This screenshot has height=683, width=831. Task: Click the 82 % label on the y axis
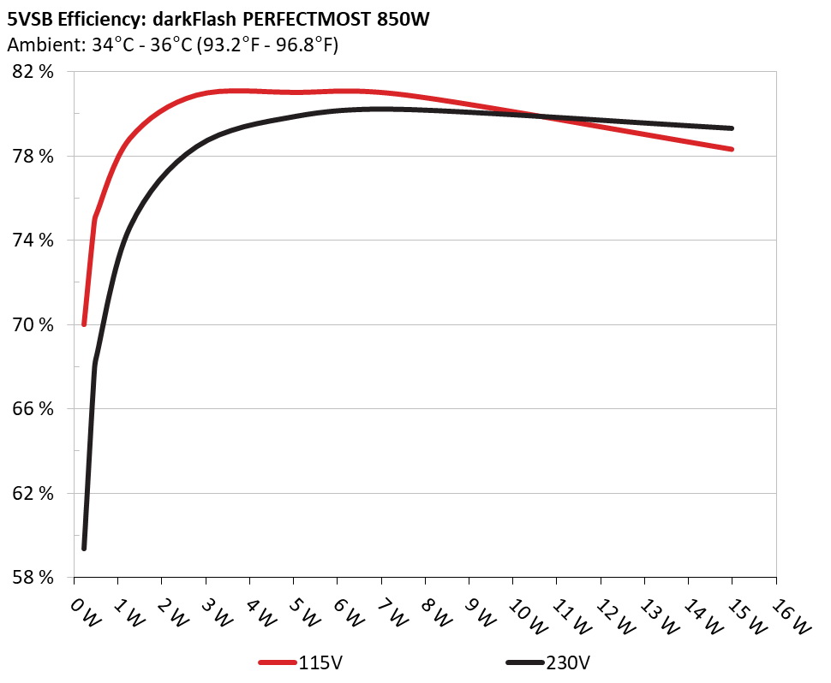[33, 72]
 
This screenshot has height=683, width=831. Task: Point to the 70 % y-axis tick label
[33, 324]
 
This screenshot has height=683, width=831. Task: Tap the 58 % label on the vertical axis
[33, 577]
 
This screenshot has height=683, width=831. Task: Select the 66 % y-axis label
[33, 408]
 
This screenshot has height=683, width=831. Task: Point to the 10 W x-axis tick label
[523, 615]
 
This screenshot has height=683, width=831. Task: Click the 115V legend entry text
[320, 662]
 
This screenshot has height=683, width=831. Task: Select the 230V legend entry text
[566, 662]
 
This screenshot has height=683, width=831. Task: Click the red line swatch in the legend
[278, 662]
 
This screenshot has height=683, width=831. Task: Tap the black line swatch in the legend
[524, 662]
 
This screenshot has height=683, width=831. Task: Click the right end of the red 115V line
[732, 149]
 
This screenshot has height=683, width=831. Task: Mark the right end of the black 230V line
[732, 128]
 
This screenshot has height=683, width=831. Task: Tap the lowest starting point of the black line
[84, 548]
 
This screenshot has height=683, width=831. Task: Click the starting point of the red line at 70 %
[84, 324]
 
